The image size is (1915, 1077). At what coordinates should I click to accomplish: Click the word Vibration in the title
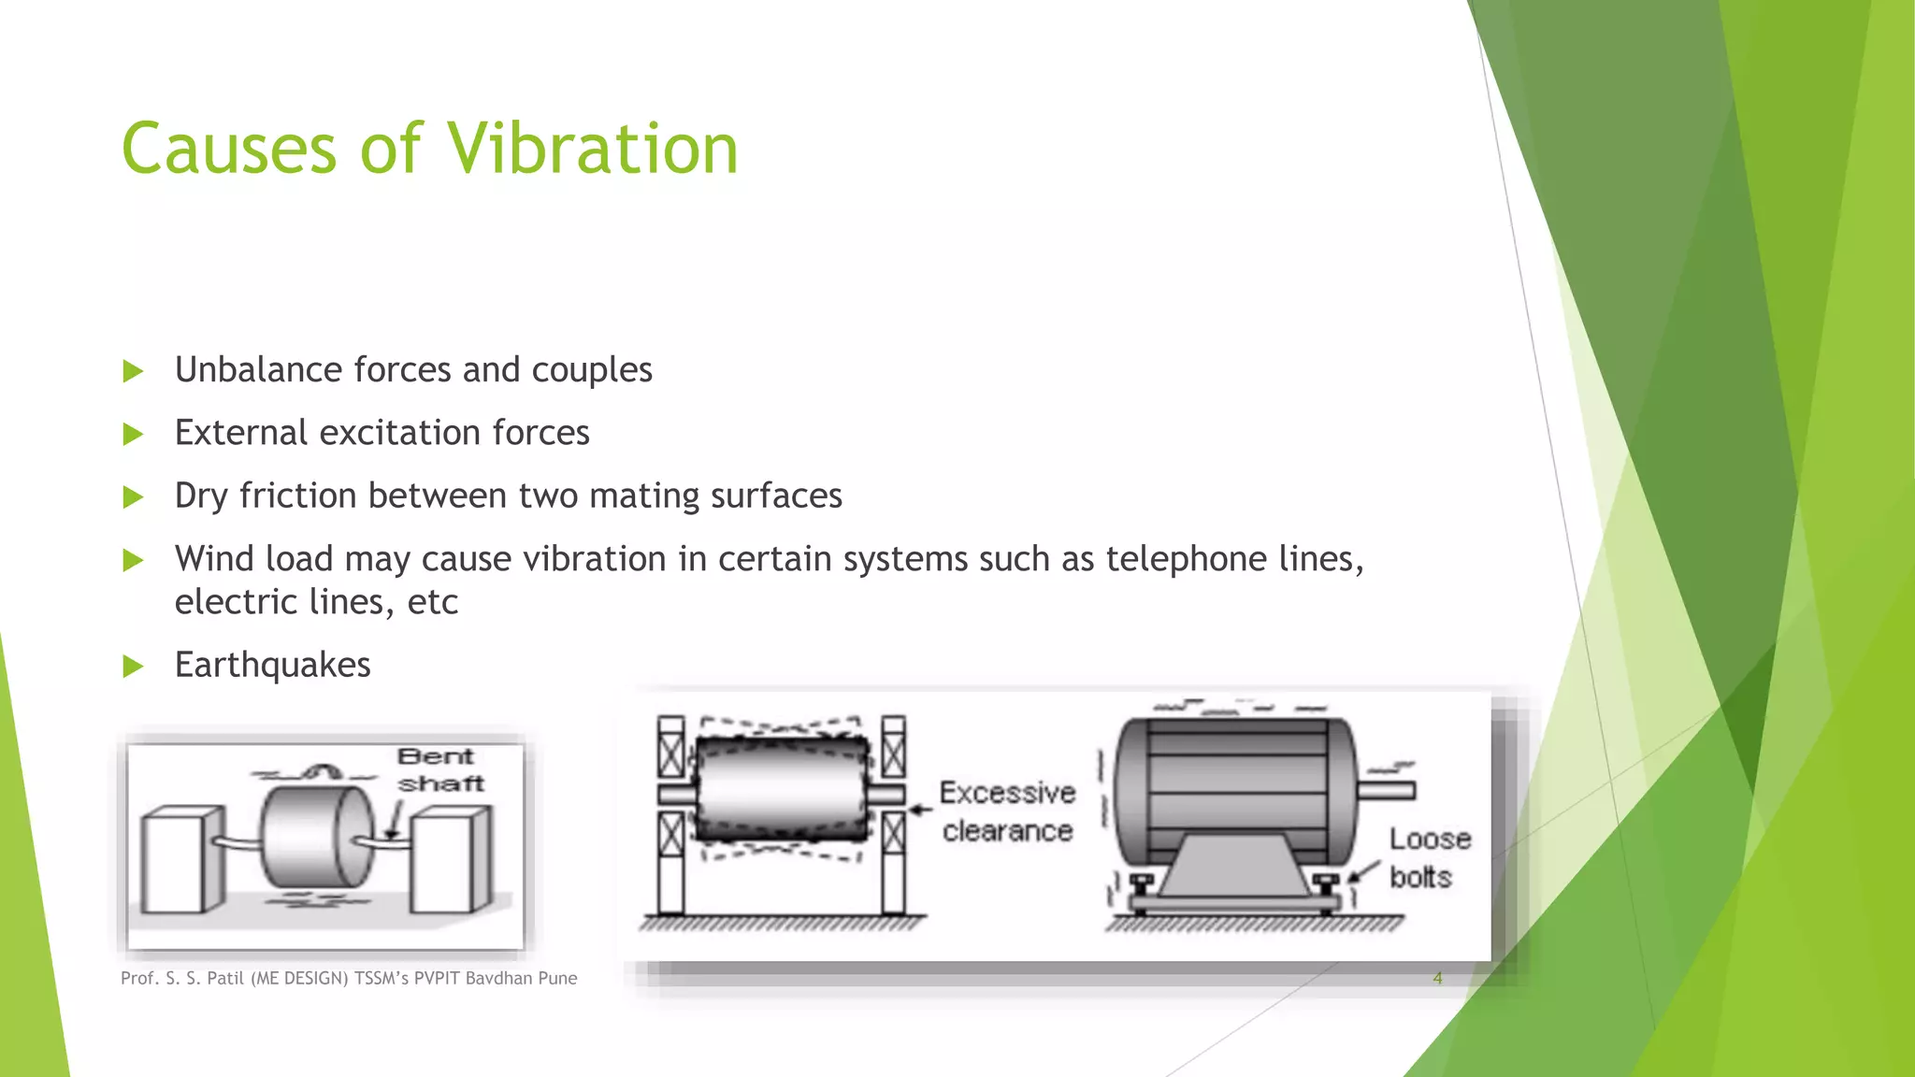tap(592, 149)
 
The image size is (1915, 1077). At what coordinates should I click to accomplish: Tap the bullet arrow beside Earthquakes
tap(133, 667)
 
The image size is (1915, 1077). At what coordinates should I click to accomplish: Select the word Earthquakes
tap(272, 665)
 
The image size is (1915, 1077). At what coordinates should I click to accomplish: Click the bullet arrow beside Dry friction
tap(133, 496)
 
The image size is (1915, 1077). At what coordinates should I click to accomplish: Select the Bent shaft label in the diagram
tap(439, 769)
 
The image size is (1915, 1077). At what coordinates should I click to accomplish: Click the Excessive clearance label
tap(1007, 811)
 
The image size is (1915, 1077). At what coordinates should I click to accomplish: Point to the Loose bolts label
tap(1429, 857)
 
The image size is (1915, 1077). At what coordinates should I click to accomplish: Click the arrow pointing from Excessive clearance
tap(921, 810)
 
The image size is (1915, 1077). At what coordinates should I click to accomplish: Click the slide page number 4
tap(1437, 978)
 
